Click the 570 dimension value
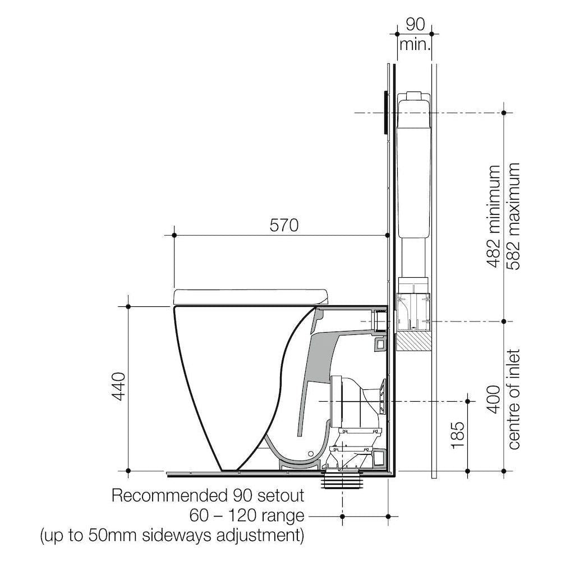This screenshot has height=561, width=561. pos(284,226)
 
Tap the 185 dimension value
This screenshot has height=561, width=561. pos(458,435)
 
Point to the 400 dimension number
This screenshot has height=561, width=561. pos(493,399)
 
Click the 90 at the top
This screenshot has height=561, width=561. pos(415,24)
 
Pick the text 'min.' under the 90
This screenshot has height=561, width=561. pos(415,45)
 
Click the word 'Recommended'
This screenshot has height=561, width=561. pos(167,496)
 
